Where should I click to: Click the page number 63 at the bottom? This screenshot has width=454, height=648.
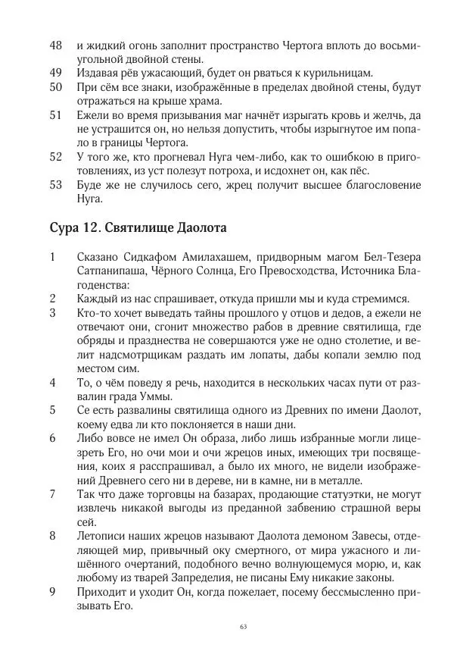click(243, 626)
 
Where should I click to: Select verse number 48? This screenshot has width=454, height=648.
click(56, 45)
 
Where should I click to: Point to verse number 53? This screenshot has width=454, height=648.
click(56, 185)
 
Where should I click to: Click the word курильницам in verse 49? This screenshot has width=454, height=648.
click(337, 73)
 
